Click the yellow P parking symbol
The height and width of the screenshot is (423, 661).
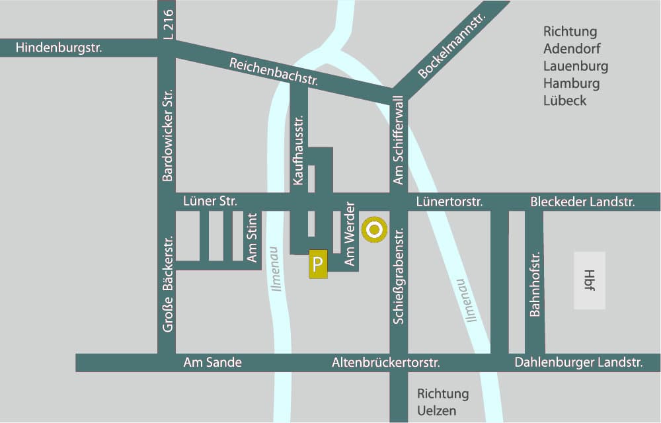pos(318,265)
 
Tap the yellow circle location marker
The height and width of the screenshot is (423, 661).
pos(374,230)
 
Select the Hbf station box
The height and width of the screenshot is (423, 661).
pos(589,280)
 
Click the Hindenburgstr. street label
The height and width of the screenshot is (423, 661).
pos(59,48)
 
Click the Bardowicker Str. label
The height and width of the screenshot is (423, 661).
pos(167,135)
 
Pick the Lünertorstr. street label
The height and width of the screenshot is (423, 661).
pos(449,202)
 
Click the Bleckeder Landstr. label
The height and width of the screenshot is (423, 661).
pos(582,202)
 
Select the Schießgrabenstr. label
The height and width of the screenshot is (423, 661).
pos(398,275)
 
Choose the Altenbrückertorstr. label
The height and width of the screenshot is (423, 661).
pos(385,362)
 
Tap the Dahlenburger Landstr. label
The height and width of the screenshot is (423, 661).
pos(578,362)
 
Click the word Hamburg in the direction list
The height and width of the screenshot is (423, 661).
pos(571,83)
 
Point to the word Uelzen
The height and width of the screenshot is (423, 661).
pos(436,410)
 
